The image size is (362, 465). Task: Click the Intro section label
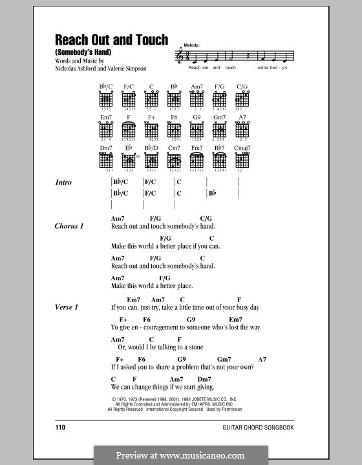(x=64, y=183)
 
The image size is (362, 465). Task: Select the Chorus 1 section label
(x=70, y=226)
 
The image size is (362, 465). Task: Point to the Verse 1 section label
(x=67, y=307)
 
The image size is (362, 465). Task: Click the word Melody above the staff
(x=192, y=45)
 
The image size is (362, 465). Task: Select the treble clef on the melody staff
(x=180, y=57)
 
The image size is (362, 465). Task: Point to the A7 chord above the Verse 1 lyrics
(x=262, y=359)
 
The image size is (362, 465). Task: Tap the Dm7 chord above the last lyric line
(x=204, y=378)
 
